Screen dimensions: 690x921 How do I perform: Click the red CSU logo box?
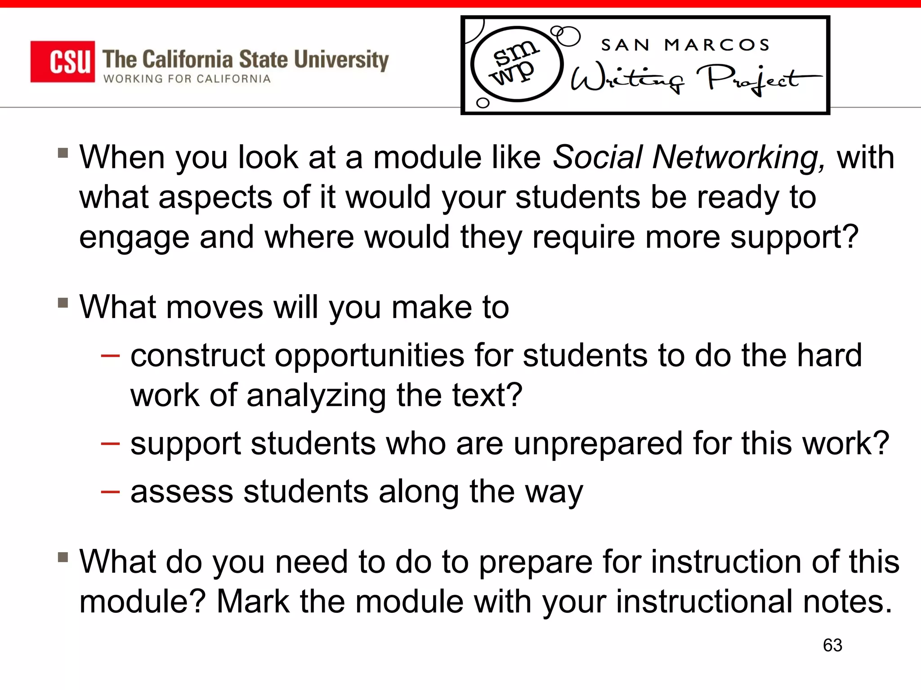tap(63, 62)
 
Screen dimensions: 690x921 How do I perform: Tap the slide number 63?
tap(832, 646)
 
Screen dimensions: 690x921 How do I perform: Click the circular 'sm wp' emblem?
tap(516, 64)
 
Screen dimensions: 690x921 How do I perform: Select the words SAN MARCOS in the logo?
tap(685, 45)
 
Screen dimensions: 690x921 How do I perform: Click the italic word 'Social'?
tap(597, 158)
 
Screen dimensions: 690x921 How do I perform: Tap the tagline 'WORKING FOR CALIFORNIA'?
tap(187, 79)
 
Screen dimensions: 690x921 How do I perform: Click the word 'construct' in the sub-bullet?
tap(197, 356)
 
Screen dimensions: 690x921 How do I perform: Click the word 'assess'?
tap(182, 492)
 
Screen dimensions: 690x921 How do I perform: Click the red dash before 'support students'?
tap(110, 444)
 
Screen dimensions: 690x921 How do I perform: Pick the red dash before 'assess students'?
tap(110, 492)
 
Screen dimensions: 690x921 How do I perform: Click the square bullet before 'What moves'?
tap(63, 303)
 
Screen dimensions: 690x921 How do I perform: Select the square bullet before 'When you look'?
tap(63, 153)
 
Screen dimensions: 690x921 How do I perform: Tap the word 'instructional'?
tap(704, 602)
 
